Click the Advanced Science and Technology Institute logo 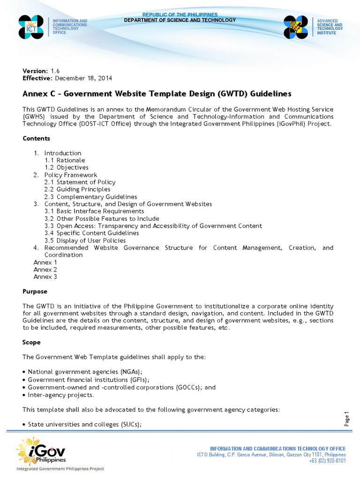click(296, 27)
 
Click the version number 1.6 click(56, 70)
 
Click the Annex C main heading click(157, 93)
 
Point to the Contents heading click(36, 138)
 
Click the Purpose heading click(35, 291)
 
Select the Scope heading click(31, 342)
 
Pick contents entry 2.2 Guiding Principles click(77, 189)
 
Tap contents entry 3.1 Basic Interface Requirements click(94, 211)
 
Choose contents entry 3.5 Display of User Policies click(85, 240)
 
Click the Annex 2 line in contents click(45, 270)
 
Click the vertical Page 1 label click(347, 419)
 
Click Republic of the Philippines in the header click(180, 15)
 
